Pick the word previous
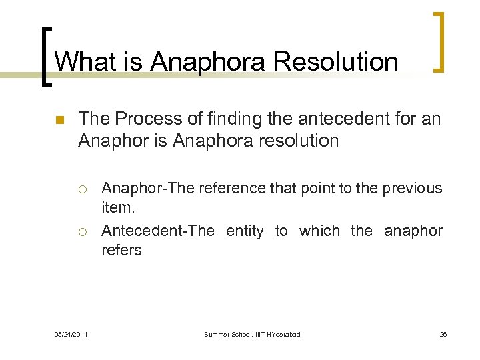412,188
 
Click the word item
117,207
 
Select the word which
319,231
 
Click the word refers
121,250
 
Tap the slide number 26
443,334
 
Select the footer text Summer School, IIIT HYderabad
252,334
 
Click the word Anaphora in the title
207,62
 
